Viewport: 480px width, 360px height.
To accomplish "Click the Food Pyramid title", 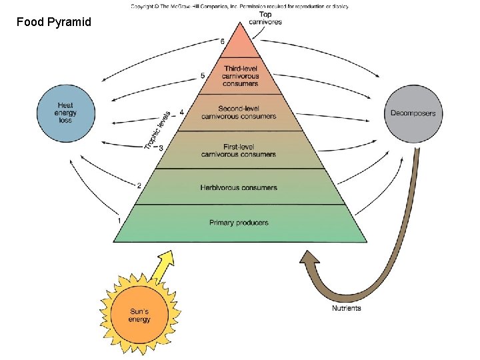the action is click(x=54, y=22).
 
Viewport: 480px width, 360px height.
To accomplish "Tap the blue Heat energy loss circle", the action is click(x=66, y=113).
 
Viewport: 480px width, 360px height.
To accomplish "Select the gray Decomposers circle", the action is click(x=413, y=113).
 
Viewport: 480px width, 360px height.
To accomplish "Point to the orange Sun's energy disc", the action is click(x=139, y=315).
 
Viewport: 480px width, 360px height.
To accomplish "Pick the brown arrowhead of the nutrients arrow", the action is click(x=309, y=258).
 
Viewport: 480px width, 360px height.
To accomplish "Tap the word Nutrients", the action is click(x=347, y=308).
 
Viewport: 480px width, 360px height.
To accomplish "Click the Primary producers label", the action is click(x=239, y=223).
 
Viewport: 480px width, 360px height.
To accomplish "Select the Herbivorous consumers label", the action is click(x=239, y=187).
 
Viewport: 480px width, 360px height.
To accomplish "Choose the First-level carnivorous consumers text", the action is click(x=239, y=151).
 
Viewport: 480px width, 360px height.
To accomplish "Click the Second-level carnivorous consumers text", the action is click(x=239, y=113).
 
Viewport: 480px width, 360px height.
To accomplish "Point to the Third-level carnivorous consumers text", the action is click(x=240, y=76).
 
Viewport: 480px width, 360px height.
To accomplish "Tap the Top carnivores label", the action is click(x=265, y=18).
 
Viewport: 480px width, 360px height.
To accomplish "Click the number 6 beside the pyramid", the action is click(x=222, y=41).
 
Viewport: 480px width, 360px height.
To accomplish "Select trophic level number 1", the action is click(x=119, y=221).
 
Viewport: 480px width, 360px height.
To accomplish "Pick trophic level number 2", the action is click(x=139, y=185).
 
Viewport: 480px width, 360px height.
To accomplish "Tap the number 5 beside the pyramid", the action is click(x=203, y=75).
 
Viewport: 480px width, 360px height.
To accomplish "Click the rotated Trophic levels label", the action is click(x=157, y=131).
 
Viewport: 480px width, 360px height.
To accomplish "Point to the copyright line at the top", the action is click(x=240, y=6).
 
